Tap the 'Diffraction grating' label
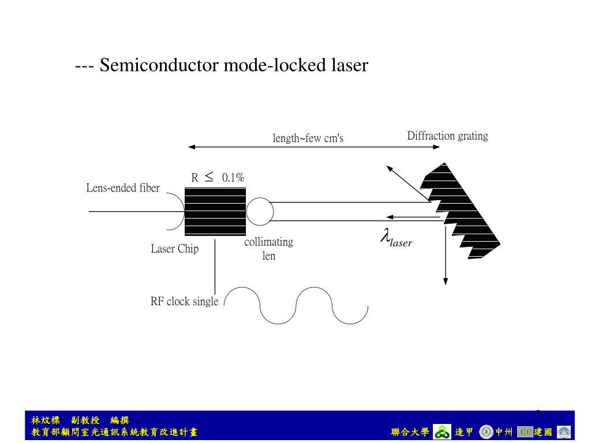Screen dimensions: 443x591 pos(447,136)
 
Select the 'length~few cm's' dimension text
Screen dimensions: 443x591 pos(308,138)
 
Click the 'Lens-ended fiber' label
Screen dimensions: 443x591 pos(123,188)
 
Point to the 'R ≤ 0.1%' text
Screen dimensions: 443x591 pos(218,178)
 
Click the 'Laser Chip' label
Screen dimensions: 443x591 pos(174,249)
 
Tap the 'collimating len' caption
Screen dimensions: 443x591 pos(268,249)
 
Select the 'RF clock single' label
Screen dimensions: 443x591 pos(184,301)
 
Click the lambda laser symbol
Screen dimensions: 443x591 pos(396,238)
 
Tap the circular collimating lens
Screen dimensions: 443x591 pos(260,212)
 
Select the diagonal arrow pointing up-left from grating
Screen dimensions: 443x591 pos(407,183)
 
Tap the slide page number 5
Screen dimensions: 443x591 pos(538,413)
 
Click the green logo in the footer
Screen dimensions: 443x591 pos(442,431)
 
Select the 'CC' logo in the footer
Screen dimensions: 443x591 pos(525,431)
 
